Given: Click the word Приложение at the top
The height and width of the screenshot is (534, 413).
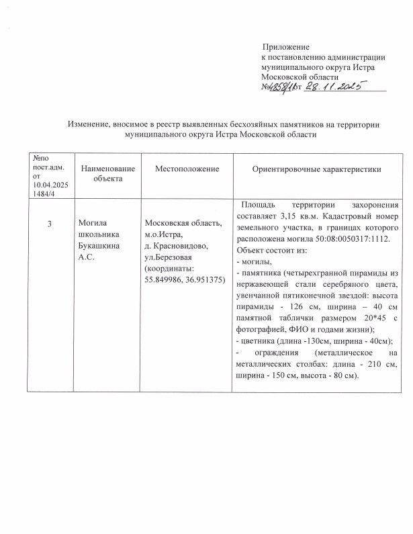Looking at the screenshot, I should [286, 48].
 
